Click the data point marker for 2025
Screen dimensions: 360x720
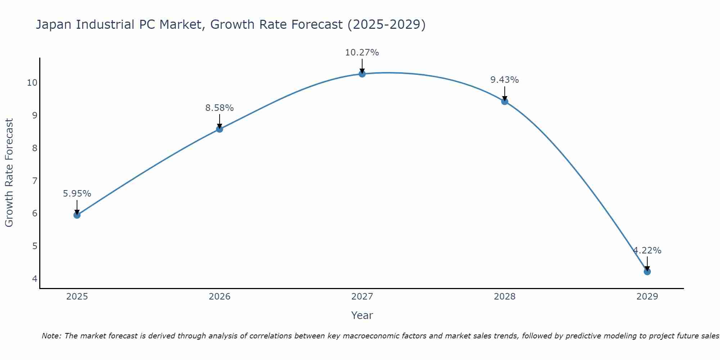(77, 215)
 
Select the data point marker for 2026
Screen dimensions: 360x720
(220, 129)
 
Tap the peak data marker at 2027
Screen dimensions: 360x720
(362, 74)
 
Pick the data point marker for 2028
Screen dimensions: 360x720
(505, 102)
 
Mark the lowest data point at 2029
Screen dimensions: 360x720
(647, 271)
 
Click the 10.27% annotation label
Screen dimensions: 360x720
(362, 53)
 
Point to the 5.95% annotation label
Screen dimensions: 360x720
(77, 194)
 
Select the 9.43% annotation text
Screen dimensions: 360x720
(504, 80)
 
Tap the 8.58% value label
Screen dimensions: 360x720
(219, 108)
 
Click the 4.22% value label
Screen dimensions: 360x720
(647, 251)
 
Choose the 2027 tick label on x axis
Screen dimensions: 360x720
(362, 297)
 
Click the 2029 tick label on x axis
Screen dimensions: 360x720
(647, 297)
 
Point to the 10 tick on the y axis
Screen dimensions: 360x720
(32, 83)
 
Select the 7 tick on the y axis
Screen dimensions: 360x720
(35, 181)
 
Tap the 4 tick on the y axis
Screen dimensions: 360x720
(35, 279)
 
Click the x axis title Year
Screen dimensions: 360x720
(362, 315)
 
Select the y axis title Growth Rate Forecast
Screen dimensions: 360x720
(9, 172)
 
